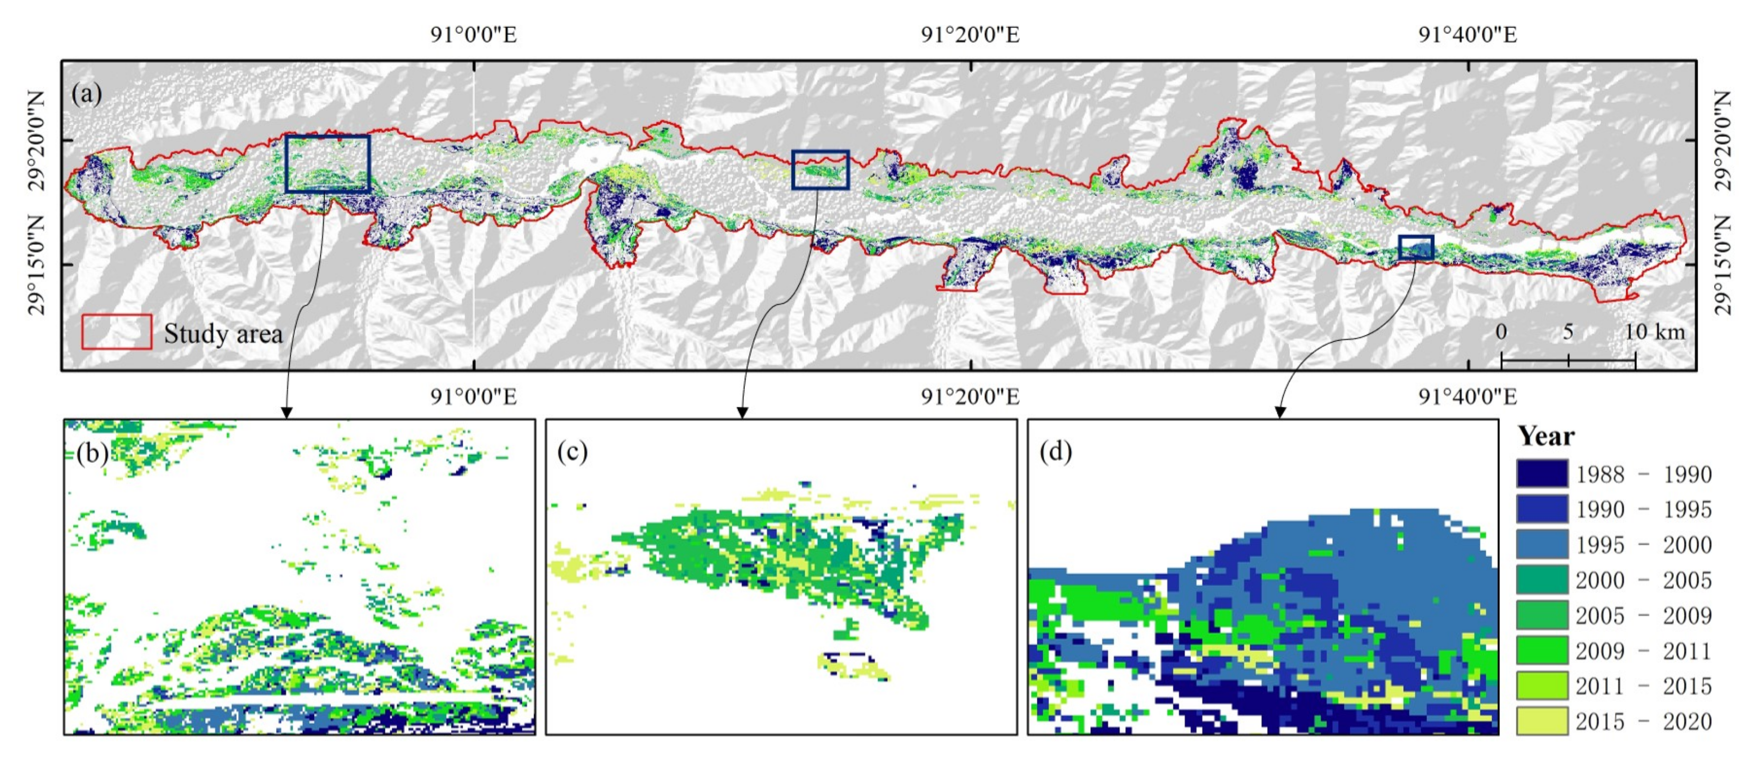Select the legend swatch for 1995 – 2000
tap(1542, 544)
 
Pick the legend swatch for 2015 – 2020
tap(1542, 721)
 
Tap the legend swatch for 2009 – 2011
tap(1542, 650)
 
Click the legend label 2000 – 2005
tap(1643, 580)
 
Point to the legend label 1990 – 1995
tap(1643, 509)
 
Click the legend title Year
tap(1545, 436)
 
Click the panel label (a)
tap(87, 93)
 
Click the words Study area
tap(223, 334)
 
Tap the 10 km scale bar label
tap(1654, 332)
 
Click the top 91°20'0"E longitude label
tap(970, 34)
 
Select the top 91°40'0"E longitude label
tap(1468, 34)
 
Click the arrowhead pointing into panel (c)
tap(742, 413)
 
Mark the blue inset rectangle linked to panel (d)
tap(1415, 247)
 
